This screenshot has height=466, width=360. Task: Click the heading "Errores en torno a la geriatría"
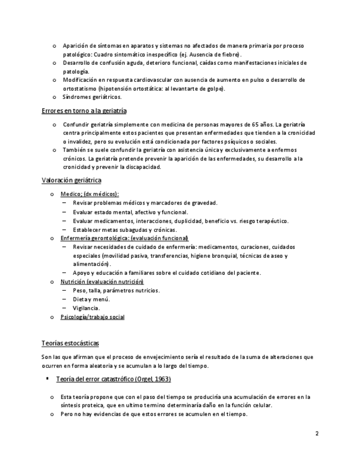click(84, 111)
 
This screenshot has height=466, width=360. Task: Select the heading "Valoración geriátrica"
click(71, 180)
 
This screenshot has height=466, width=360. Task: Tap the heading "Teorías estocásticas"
click(70, 343)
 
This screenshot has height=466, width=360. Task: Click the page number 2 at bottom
click(317, 434)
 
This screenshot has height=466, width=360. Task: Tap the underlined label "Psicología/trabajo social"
click(92, 317)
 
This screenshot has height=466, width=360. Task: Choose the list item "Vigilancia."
click(86, 308)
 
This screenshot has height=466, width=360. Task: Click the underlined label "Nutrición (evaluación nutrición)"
click(98, 281)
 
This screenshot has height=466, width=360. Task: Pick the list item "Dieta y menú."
click(91, 299)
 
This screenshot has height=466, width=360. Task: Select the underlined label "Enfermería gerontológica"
click(93, 238)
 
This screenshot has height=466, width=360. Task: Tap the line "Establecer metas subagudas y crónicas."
click(124, 229)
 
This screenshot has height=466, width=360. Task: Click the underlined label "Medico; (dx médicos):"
click(90, 194)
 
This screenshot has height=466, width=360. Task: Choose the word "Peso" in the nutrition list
click(79, 290)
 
